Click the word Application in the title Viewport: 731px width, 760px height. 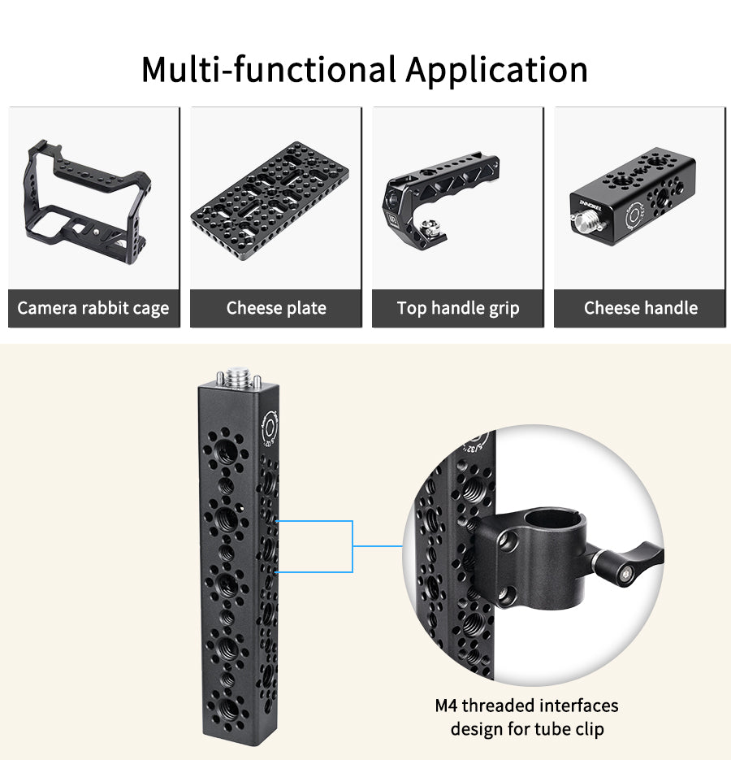click(497, 70)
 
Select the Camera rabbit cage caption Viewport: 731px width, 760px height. click(93, 308)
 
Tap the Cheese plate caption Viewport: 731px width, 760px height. click(276, 308)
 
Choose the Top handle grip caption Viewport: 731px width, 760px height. click(458, 308)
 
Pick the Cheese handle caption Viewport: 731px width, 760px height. click(641, 308)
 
